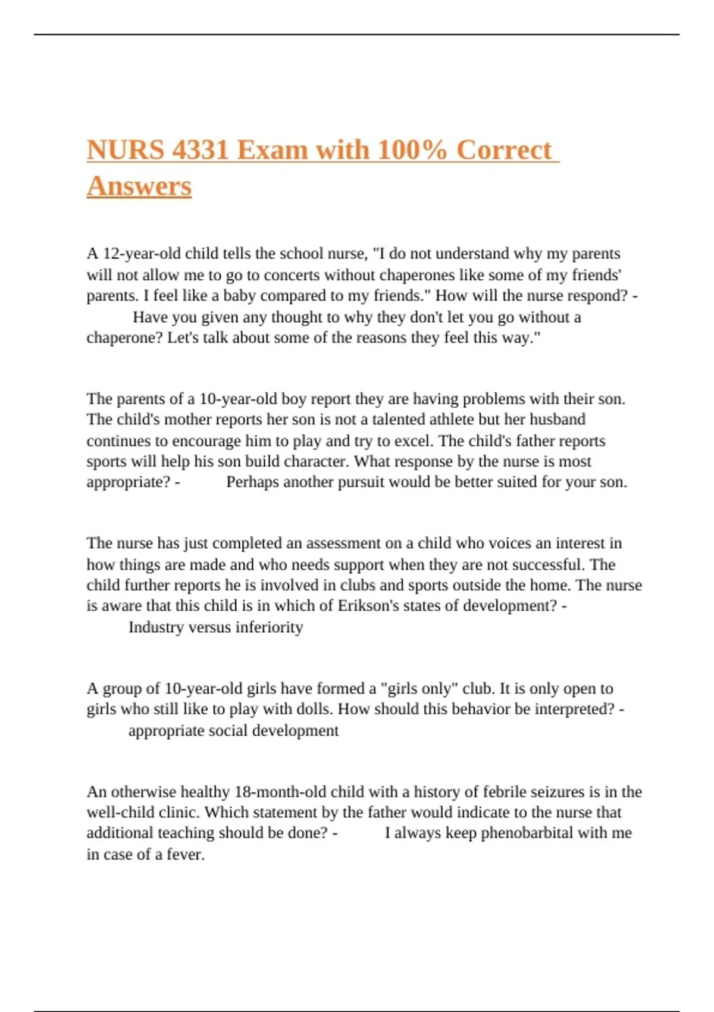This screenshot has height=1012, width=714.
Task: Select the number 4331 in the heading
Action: (x=201, y=150)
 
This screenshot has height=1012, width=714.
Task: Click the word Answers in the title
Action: (x=139, y=186)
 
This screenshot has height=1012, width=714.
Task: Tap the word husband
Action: (x=558, y=420)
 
